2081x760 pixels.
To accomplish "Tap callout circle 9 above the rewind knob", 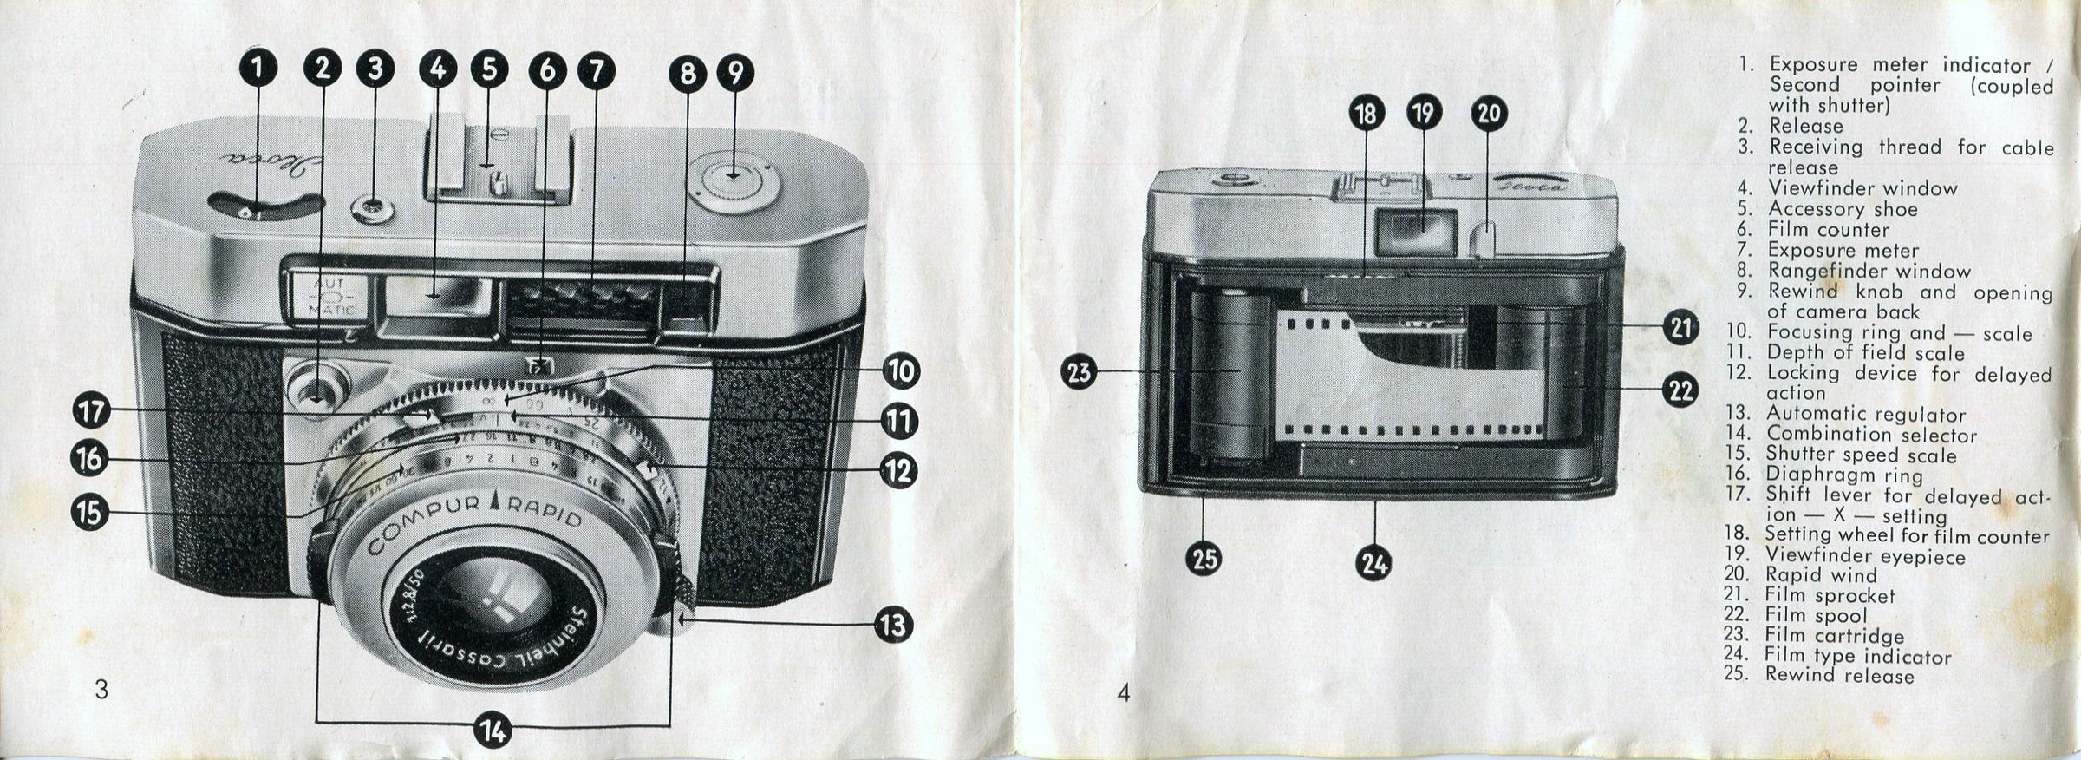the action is point(735,72).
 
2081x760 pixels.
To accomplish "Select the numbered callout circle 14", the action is point(493,731).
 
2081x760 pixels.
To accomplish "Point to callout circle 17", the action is point(92,411).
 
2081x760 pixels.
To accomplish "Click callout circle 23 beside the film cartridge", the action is point(1080,373).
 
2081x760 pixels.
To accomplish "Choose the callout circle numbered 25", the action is point(1204,559).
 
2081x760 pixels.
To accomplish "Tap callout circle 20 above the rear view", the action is point(1489,114).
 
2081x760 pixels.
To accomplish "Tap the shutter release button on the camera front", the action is point(318,385).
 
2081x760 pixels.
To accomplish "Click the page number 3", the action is point(101,690).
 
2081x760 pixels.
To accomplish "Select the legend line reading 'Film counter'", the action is point(1813,230).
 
